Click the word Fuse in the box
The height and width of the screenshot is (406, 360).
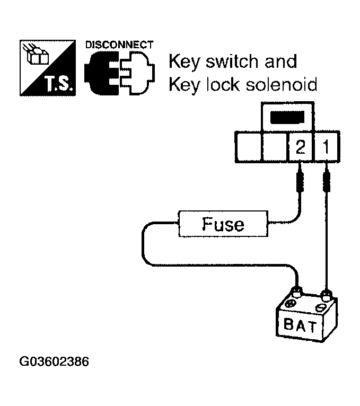point(223,224)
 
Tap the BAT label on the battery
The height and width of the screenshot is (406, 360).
point(301,325)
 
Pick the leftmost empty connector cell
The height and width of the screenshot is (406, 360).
point(248,147)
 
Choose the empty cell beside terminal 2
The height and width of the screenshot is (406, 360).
point(274,147)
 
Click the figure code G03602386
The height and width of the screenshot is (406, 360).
point(54,363)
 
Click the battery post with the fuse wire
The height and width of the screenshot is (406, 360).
point(297,291)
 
